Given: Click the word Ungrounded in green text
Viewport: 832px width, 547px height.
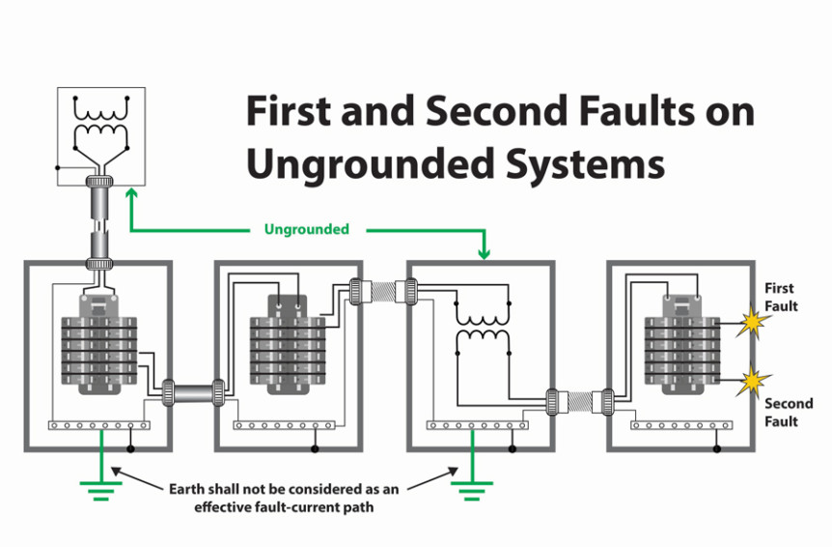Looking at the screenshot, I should pyautogui.click(x=307, y=230).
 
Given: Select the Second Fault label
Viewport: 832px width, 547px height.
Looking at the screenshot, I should pyautogui.click(x=788, y=413).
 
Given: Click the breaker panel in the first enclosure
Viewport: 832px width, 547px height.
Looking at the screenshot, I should pyautogui.click(x=97, y=348).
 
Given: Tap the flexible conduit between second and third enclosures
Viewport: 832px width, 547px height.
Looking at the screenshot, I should pyautogui.click(x=382, y=288).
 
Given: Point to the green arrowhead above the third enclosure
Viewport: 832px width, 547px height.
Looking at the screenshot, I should pyautogui.click(x=484, y=254).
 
